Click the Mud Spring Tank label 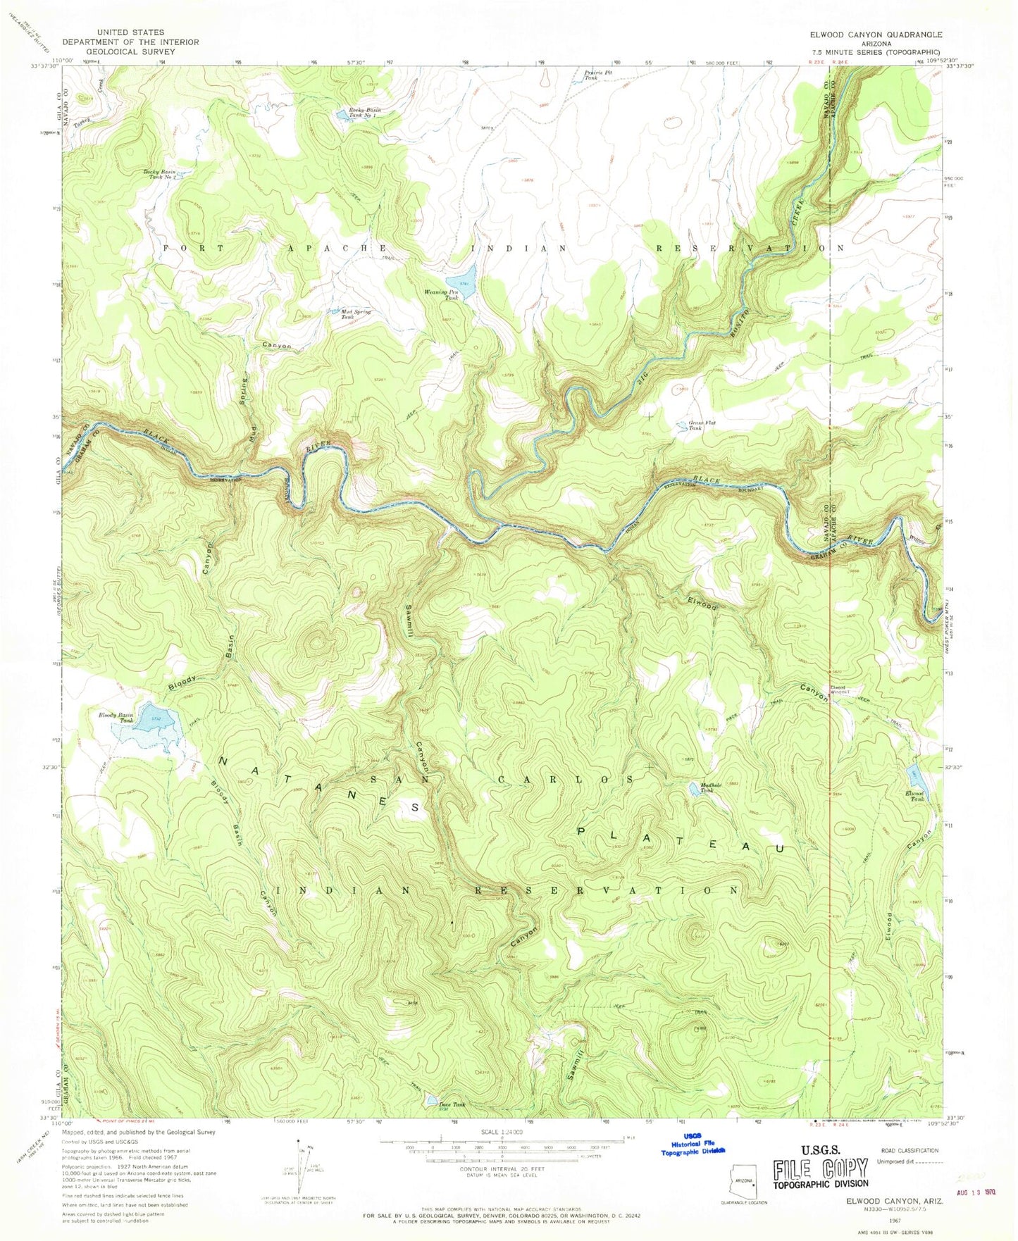356,314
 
